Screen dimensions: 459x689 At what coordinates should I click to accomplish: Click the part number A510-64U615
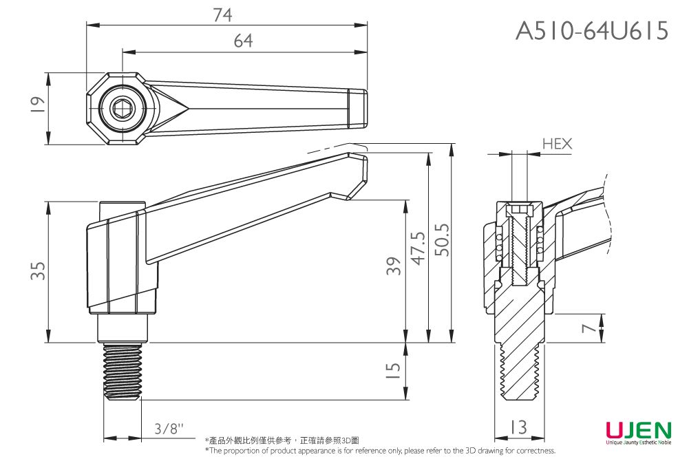pyautogui.click(x=592, y=30)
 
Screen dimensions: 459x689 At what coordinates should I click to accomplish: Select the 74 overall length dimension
pyautogui.click(x=222, y=15)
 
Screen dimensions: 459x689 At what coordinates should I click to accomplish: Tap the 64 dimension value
pyautogui.click(x=243, y=41)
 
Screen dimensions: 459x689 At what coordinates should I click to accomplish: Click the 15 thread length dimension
pyautogui.click(x=392, y=372)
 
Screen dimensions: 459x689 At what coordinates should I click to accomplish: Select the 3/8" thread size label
pyautogui.click(x=169, y=429)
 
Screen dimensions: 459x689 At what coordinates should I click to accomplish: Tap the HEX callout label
pyautogui.click(x=557, y=144)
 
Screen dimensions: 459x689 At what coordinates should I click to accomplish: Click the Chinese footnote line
pyautogui.click(x=282, y=440)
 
